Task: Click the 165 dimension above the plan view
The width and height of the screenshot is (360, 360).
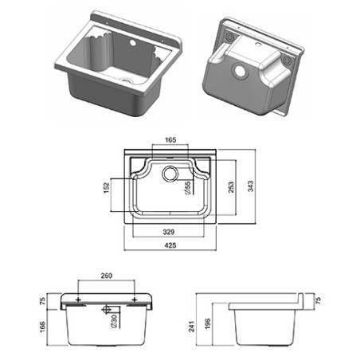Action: pos(170,140)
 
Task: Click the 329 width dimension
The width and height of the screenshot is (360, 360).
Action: pos(170,233)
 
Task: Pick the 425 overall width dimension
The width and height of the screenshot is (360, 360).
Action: pos(170,246)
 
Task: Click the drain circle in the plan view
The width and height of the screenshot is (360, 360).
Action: pos(170,174)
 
